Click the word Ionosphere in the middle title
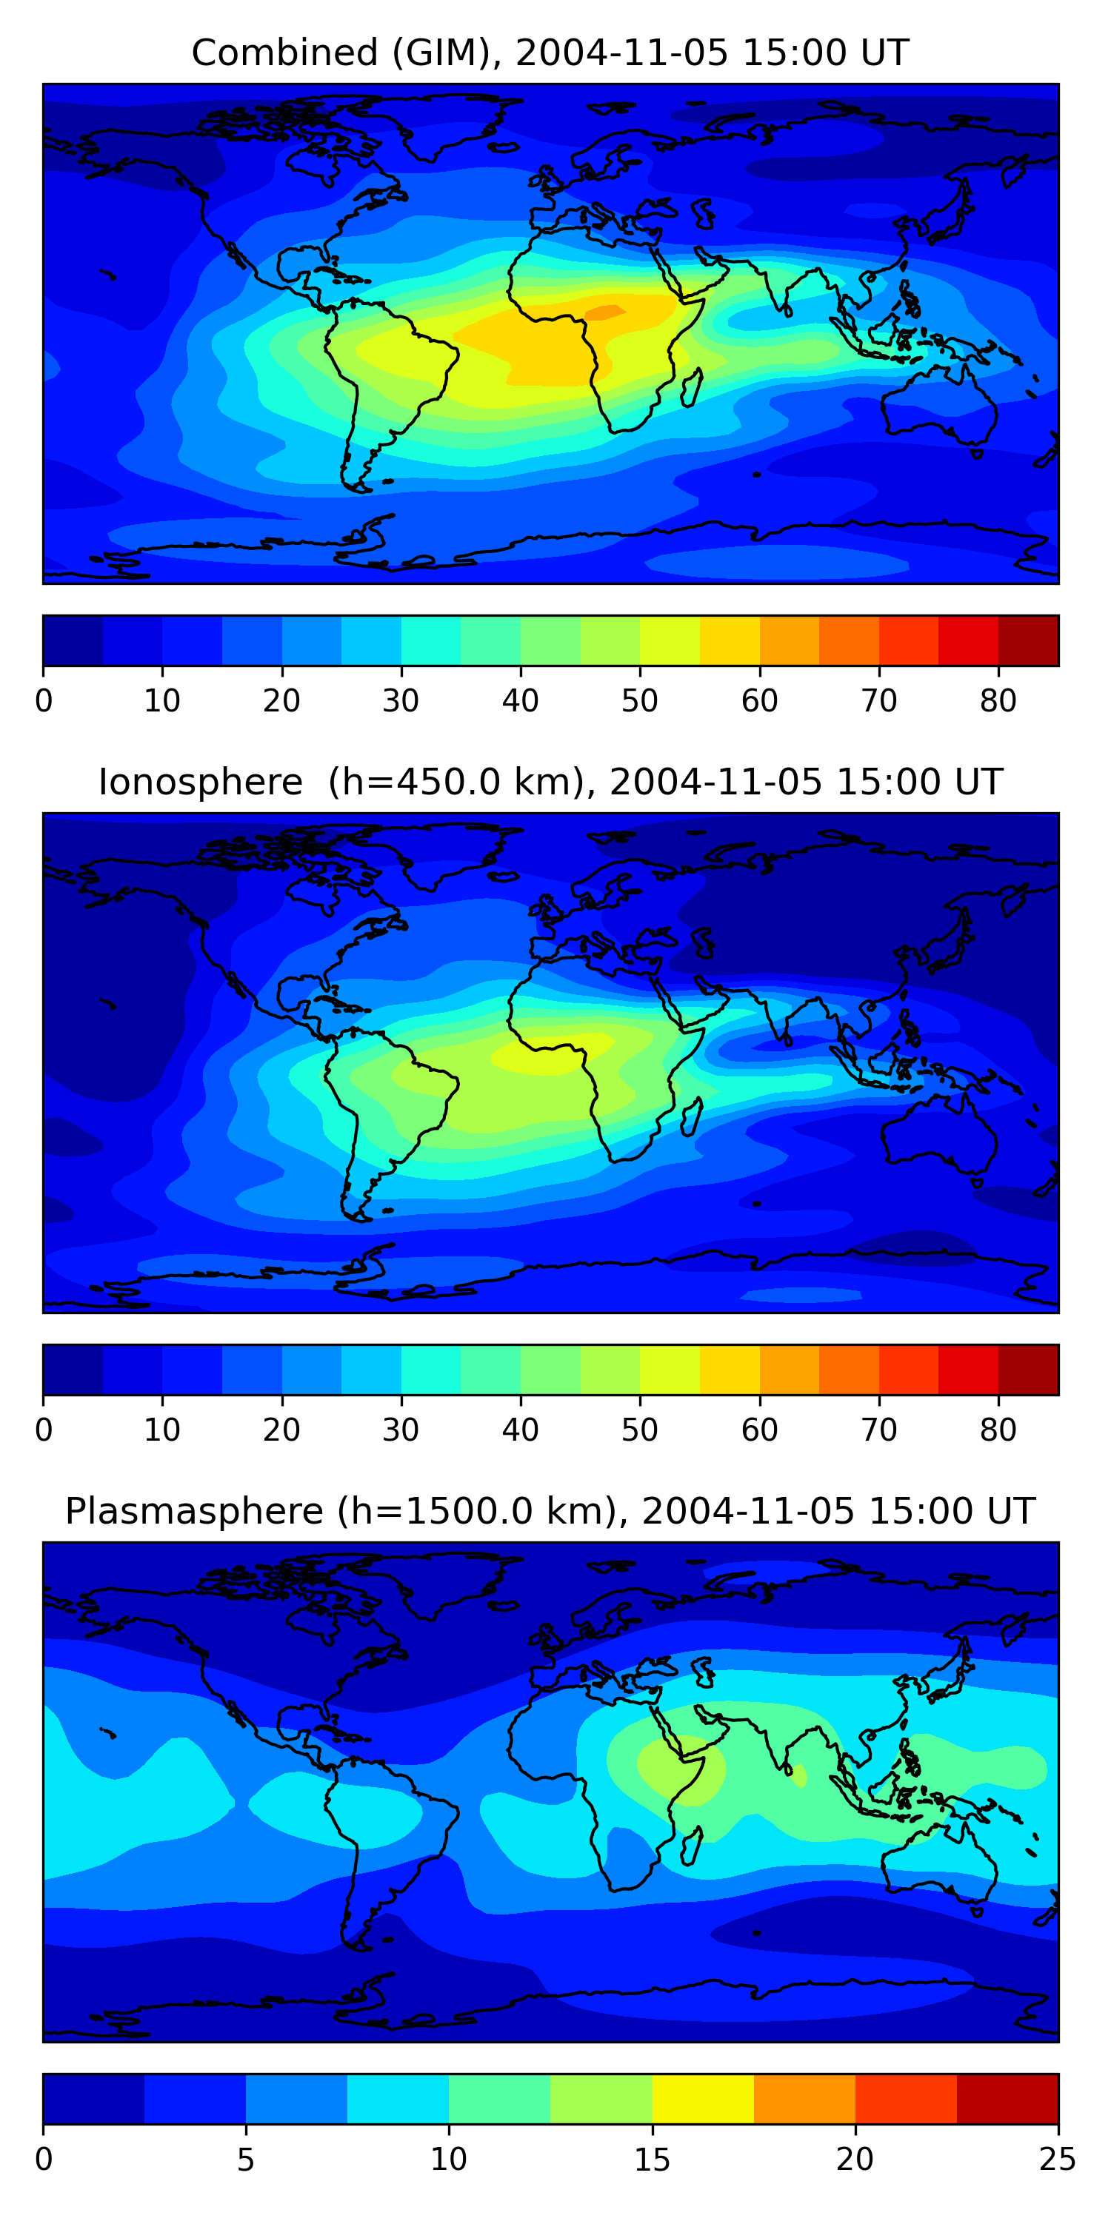[x=200, y=782]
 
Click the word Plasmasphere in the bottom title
[x=194, y=1512]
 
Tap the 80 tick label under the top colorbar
[x=998, y=701]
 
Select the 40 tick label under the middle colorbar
[x=520, y=1430]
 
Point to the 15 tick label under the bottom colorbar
[x=652, y=2159]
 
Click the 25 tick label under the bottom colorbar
[x=1057, y=2159]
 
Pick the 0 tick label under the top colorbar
[x=44, y=701]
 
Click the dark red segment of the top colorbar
[x=1028, y=640]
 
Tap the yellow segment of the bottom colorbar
[x=703, y=2099]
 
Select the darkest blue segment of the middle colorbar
[x=73, y=1369]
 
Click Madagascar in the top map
[x=692, y=387]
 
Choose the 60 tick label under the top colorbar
[x=759, y=701]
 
